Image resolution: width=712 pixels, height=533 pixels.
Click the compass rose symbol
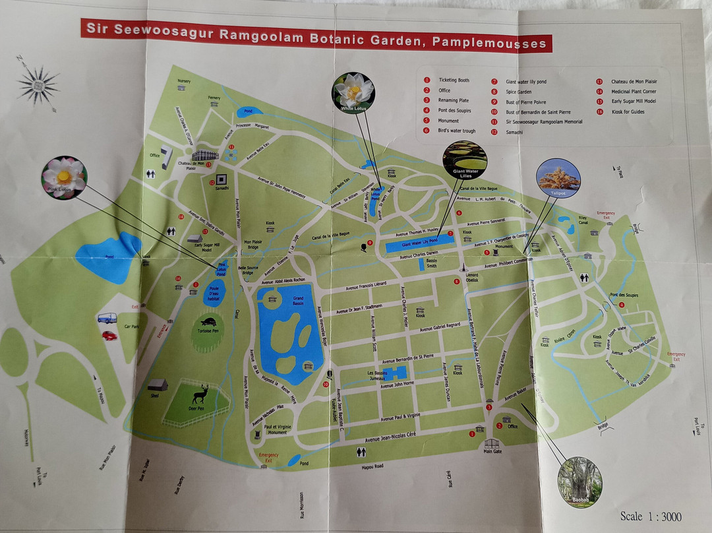38,84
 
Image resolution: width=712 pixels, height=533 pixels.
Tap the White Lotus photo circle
354,92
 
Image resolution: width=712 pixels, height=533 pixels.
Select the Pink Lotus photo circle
64,178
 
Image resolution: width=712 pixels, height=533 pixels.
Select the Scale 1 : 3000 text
651,516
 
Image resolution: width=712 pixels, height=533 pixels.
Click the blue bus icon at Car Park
107,318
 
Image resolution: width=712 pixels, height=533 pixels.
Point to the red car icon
109,335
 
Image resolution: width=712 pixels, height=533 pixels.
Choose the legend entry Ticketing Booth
455,80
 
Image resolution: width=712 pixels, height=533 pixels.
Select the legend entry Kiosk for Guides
628,111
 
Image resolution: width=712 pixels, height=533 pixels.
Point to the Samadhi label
221,188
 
